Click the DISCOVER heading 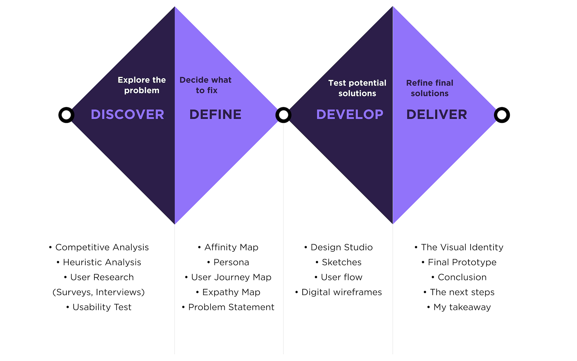127,114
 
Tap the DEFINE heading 215,114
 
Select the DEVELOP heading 350,114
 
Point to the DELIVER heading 436,114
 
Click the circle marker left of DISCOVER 66,115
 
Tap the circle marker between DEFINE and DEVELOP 283,115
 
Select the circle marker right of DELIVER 502,115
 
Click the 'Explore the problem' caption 142,85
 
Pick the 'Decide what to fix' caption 206,85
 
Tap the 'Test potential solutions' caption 357,88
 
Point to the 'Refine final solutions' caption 429,88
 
